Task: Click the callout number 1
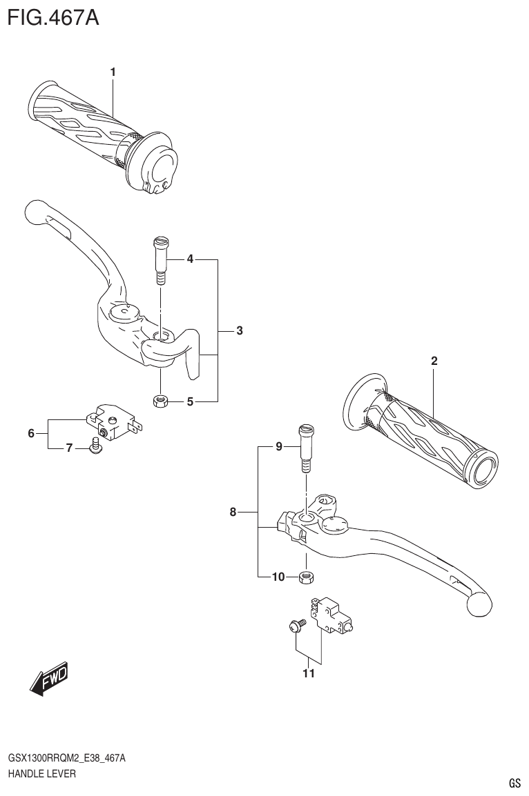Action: (113, 72)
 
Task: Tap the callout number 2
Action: (434, 360)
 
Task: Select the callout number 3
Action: (239, 330)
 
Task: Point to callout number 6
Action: (31, 433)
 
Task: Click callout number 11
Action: (308, 673)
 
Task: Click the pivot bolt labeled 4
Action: (160, 260)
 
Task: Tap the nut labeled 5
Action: (160, 401)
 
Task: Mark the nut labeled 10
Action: (305, 577)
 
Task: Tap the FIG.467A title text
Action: (53, 17)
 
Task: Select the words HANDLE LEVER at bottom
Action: (41, 774)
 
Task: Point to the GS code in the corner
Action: (514, 783)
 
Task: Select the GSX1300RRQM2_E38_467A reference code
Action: (66, 758)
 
